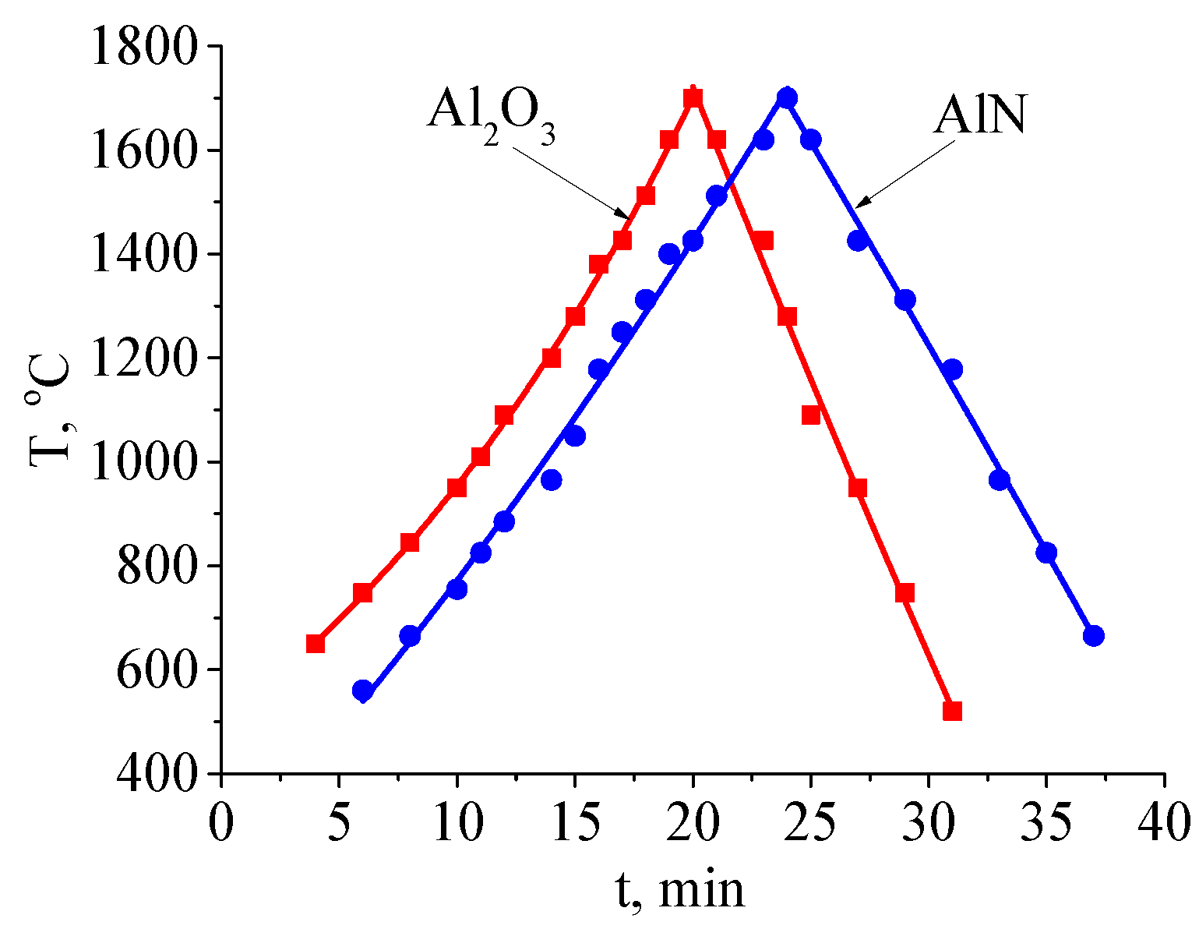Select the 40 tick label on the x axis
pyautogui.click(x=1164, y=822)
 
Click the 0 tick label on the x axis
pyautogui.click(x=222, y=822)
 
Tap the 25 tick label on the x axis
pyautogui.click(x=810, y=822)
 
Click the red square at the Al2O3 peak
pyautogui.click(x=693, y=98)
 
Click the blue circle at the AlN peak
pyautogui.click(x=787, y=98)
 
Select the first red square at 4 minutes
pyautogui.click(x=316, y=644)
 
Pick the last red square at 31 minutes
pyautogui.click(x=952, y=711)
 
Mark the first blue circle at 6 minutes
pyautogui.click(x=362, y=691)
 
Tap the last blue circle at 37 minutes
pyautogui.click(x=1094, y=636)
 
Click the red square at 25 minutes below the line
pyautogui.click(x=811, y=415)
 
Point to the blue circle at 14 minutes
pyautogui.click(x=552, y=480)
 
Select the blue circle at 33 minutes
pyautogui.click(x=1000, y=480)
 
